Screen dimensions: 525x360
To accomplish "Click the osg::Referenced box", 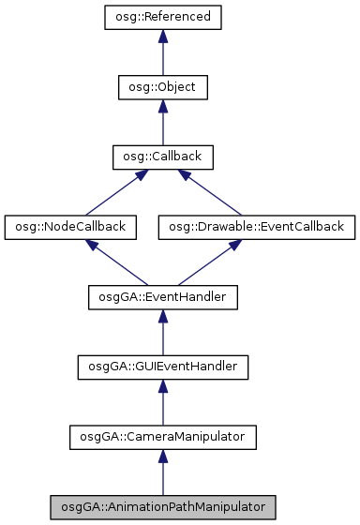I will tap(162, 18).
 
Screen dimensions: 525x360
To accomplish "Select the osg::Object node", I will tap(162, 87).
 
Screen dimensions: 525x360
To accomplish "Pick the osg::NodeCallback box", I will tap(70, 227).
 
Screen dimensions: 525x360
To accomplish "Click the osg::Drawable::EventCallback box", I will tap(256, 227).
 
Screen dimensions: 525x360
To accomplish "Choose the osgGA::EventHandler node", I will tap(162, 297).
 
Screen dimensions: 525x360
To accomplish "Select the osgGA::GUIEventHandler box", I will tap(162, 367).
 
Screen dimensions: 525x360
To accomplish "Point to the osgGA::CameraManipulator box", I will tap(162, 436).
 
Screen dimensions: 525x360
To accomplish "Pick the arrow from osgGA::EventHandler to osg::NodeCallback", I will tap(116, 262).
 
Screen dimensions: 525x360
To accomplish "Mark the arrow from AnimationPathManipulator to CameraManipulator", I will tap(162, 474).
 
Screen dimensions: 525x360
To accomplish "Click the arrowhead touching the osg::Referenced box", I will tap(162, 36).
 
